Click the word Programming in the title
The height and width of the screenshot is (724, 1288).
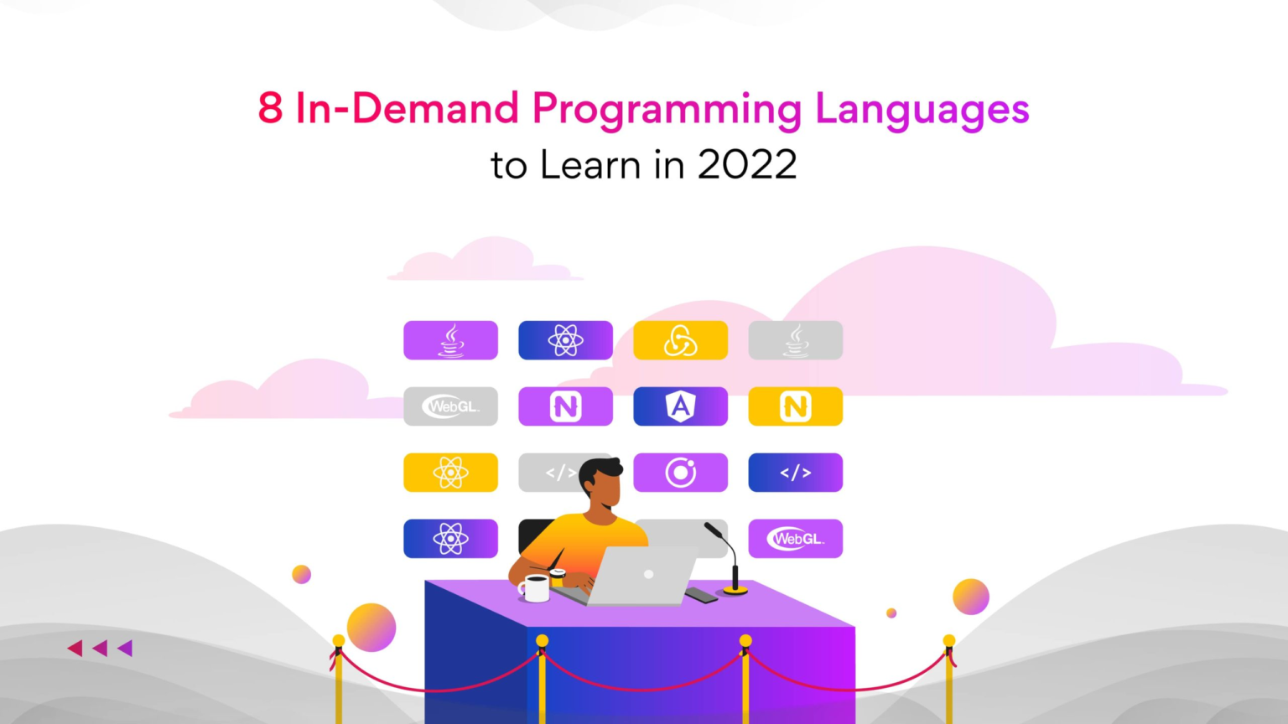click(667, 110)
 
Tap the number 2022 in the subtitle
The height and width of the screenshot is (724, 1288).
click(747, 164)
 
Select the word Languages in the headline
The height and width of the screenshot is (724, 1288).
click(922, 110)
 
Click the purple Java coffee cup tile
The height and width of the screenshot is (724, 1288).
click(451, 340)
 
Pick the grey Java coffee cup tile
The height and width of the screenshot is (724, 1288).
click(795, 340)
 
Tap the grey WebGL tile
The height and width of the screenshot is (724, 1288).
click(451, 406)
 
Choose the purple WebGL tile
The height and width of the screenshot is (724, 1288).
click(795, 539)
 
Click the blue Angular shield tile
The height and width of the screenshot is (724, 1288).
click(680, 406)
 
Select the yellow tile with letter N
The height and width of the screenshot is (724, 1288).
click(795, 406)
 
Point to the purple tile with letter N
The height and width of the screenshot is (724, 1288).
click(566, 406)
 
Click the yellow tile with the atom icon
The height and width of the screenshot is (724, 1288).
click(451, 473)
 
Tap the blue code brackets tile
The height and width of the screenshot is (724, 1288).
click(795, 473)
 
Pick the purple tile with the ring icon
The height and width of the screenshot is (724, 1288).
click(680, 473)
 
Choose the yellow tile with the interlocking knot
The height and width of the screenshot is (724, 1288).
click(680, 340)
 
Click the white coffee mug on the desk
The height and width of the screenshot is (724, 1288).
click(534, 588)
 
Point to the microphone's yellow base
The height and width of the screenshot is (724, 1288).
click(735, 590)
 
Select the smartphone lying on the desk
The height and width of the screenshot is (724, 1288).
click(702, 595)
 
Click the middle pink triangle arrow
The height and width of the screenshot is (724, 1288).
click(100, 648)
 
